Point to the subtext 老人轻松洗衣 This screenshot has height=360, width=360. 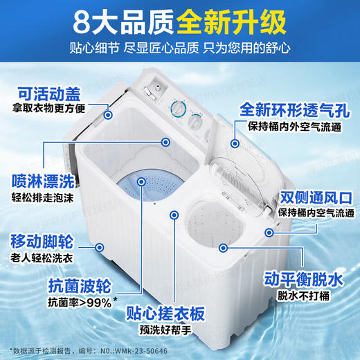(39, 259)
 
